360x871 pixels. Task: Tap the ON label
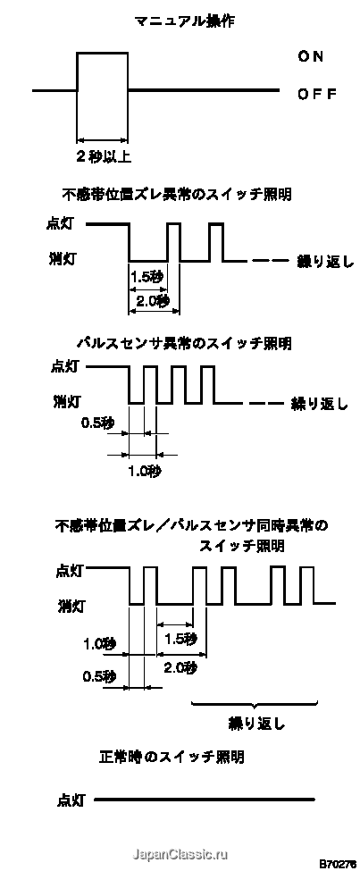311,56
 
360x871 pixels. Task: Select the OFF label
317,94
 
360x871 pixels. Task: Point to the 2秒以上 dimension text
104,157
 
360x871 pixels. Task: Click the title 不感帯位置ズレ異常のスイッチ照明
177,195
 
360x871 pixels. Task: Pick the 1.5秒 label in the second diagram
147,275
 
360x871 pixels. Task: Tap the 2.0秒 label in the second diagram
153,300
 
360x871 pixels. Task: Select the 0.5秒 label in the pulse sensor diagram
97,423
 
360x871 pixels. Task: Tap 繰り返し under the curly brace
256,724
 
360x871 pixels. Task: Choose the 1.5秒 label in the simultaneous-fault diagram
180,640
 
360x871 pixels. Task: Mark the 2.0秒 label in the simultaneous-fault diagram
180,668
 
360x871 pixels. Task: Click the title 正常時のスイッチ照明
172,757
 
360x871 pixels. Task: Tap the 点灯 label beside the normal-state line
71,800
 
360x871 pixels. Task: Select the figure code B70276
338,864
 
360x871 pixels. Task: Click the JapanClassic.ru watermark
179,854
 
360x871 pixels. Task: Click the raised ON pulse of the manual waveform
102,52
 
